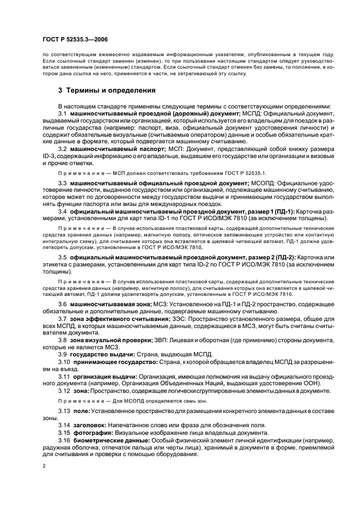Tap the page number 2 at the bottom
tap(44, 467)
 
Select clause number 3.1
tap(63, 113)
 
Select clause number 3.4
tap(63, 211)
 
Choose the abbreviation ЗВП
tap(167, 339)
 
